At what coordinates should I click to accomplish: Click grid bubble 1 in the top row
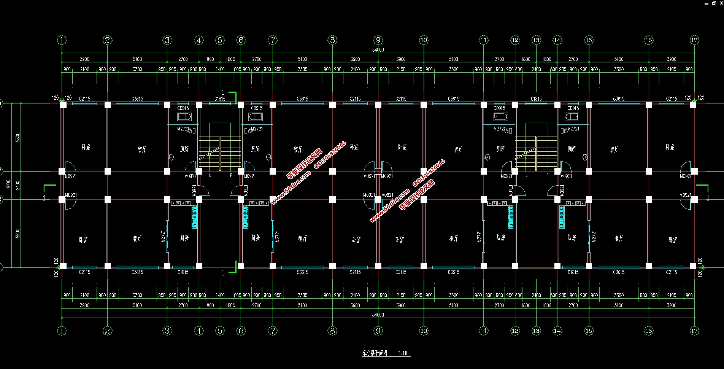point(62,40)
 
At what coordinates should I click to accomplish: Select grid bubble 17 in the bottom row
point(694,331)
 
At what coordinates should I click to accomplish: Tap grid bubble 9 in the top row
point(378,40)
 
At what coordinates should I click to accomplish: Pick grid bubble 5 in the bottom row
point(220,331)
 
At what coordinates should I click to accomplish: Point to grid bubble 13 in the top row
point(536,40)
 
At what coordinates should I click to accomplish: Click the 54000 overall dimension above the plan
point(378,50)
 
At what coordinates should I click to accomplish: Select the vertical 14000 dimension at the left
point(8,185)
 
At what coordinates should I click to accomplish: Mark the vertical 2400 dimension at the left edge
point(17,185)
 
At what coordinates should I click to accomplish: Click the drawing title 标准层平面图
point(375,353)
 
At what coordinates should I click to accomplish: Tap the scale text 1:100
point(404,353)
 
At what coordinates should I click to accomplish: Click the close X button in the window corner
point(721,3)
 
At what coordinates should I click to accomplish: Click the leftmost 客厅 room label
point(142,150)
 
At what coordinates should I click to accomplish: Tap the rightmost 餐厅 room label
point(619,239)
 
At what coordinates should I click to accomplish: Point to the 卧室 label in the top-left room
point(86,147)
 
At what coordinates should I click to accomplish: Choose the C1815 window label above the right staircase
point(536,99)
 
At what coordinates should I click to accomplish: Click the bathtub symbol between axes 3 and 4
point(184,117)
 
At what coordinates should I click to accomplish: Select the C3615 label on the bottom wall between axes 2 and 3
point(137,272)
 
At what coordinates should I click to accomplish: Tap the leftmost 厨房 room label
point(184,238)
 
